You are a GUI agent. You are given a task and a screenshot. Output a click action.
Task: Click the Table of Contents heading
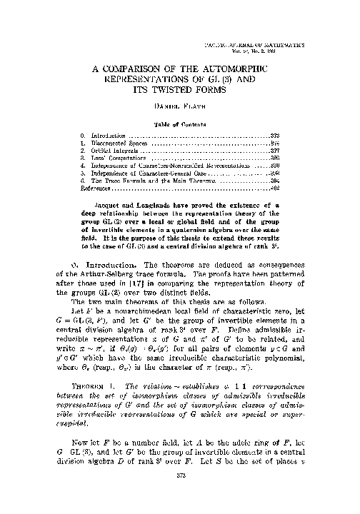tap(180, 124)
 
